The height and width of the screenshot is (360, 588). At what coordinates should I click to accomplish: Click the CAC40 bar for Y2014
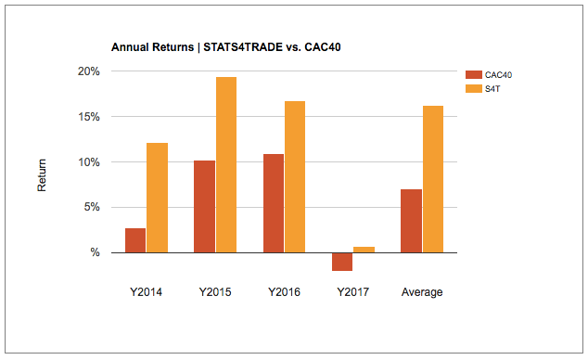[x=135, y=240]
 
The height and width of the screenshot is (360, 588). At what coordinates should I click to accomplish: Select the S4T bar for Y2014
[x=157, y=198]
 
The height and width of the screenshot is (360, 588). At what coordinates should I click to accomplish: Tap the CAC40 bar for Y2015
[x=204, y=206]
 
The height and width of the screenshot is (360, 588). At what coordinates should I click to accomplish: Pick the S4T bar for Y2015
[x=226, y=165]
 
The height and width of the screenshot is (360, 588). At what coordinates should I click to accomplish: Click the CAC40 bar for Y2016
[x=274, y=203]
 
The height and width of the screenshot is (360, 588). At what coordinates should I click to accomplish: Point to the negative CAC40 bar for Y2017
[x=342, y=262]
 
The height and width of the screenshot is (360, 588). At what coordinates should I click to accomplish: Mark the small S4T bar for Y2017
[x=364, y=250]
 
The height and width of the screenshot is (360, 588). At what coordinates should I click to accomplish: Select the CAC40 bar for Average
[x=411, y=221]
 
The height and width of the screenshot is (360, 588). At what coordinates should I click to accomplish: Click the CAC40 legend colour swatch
[x=473, y=75]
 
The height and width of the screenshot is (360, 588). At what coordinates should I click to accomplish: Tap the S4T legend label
[x=498, y=88]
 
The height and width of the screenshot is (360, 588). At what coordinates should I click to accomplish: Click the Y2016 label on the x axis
[x=284, y=292]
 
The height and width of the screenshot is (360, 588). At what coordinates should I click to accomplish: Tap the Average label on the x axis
[x=422, y=292]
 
